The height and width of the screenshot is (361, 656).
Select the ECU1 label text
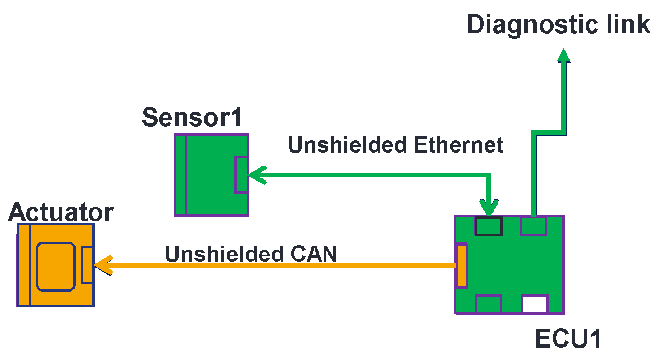tap(568, 340)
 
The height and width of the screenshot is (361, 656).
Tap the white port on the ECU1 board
tap(534, 304)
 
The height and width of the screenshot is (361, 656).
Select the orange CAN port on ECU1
tap(461, 266)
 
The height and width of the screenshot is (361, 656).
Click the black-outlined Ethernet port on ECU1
tap(488, 226)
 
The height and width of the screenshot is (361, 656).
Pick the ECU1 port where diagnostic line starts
tap(533, 225)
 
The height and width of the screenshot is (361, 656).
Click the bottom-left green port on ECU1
tap(488, 304)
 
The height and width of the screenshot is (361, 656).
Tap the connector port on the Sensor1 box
tap(241, 175)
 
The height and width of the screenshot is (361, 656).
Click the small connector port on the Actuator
tap(87, 264)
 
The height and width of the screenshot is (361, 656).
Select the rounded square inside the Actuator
tap(55, 266)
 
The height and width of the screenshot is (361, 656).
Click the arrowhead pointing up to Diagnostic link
tap(564, 55)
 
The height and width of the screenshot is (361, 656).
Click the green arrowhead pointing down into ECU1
tap(489, 207)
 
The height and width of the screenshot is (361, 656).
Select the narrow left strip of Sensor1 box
tap(180, 175)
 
